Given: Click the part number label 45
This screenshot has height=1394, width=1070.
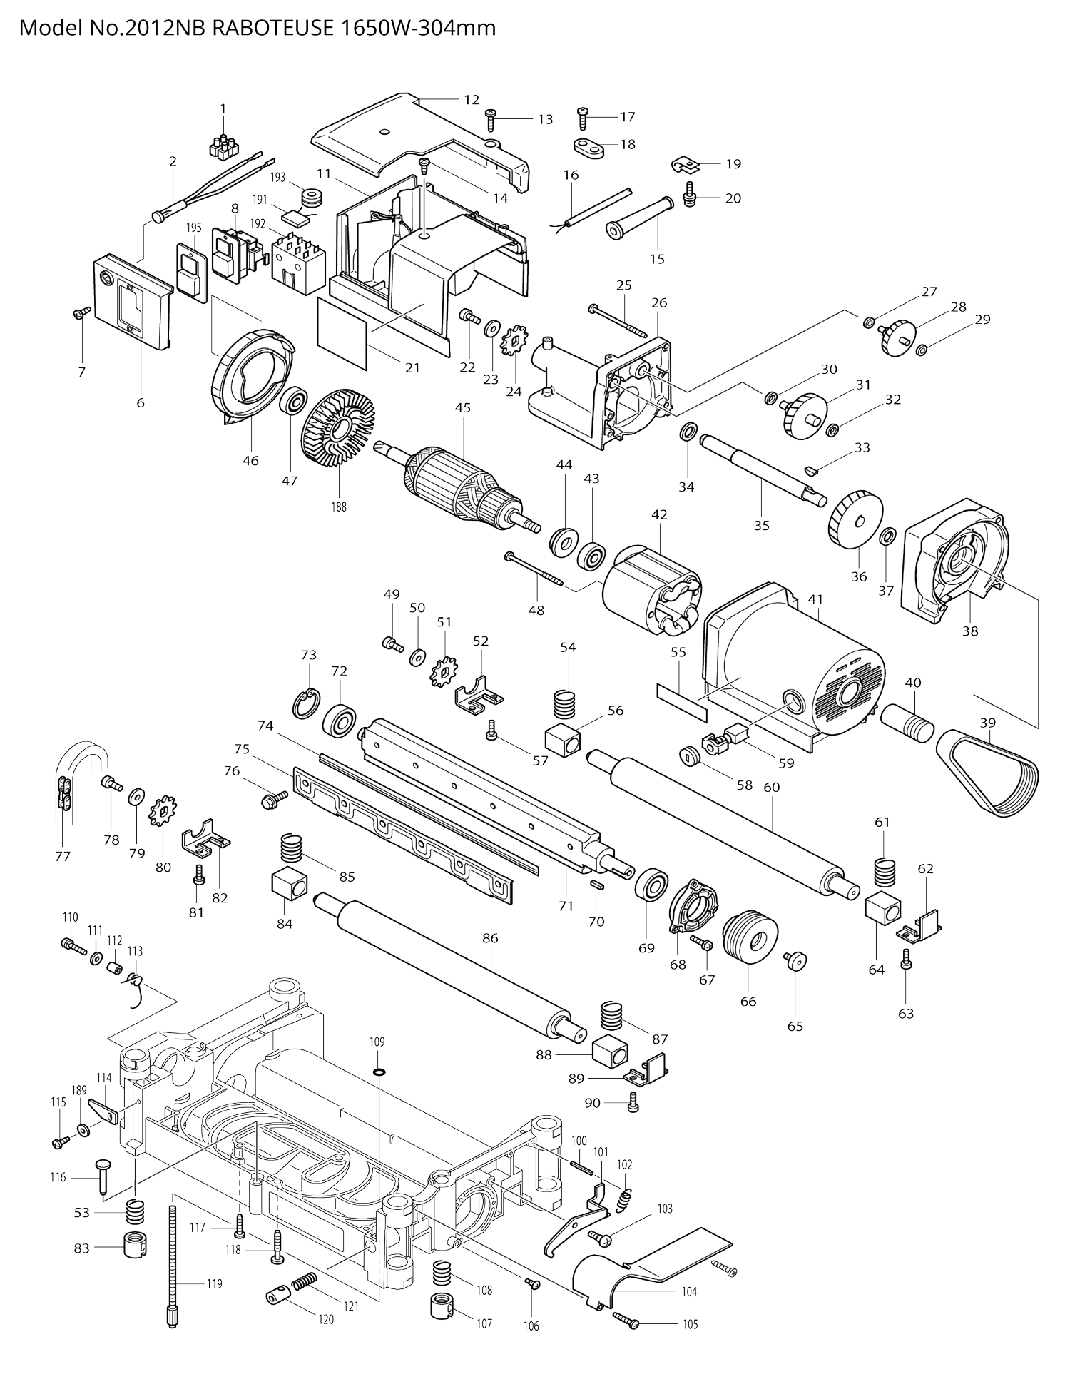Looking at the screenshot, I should tap(463, 407).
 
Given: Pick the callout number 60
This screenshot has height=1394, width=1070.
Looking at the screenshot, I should tap(772, 787).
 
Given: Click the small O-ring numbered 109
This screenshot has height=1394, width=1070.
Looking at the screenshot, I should tap(377, 1072).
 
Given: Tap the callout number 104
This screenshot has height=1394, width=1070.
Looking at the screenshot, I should tap(689, 1291).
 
